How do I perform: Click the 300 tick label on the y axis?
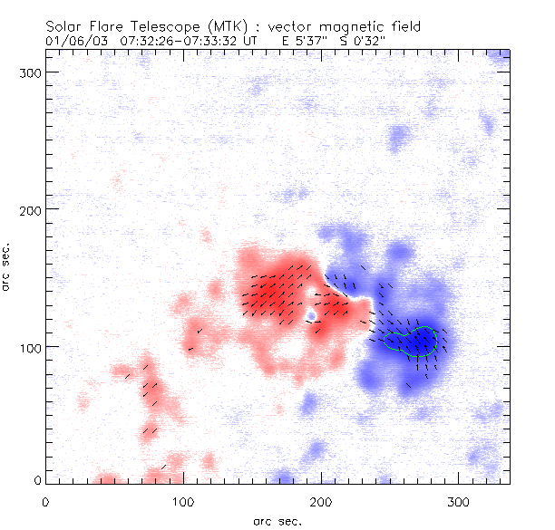(x=29, y=72)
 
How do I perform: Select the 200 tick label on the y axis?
(x=29, y=209)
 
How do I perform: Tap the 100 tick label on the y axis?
(x=29, y=347)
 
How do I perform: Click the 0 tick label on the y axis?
(x=36, y=479)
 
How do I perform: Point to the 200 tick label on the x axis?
(x=321, y=500)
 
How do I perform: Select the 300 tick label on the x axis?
(x=459, y=500)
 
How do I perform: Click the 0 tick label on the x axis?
(x=45, y=500)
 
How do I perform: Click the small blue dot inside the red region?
(x=311, y=316)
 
